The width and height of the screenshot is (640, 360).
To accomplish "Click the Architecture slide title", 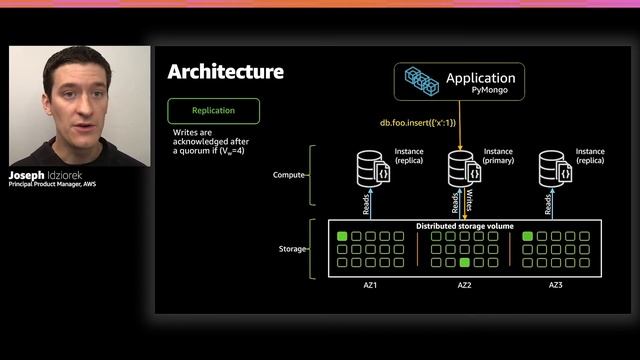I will (225, 71).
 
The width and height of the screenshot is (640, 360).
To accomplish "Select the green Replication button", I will (214, 110).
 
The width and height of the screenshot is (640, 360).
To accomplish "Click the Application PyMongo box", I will (459, 82).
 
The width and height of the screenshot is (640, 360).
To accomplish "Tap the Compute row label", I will (289, 175).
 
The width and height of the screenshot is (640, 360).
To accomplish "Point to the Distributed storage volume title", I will (465, 226).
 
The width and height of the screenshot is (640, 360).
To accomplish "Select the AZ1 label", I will (371, 285).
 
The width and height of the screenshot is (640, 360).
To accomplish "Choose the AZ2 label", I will (464, 285).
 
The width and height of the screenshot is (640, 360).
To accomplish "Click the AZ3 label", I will (556, 285).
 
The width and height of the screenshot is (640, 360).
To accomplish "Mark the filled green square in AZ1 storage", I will (342, 237).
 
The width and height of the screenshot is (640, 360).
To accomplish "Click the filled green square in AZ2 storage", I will (464, 262).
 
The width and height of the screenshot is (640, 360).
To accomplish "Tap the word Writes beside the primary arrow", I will (472, 203).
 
